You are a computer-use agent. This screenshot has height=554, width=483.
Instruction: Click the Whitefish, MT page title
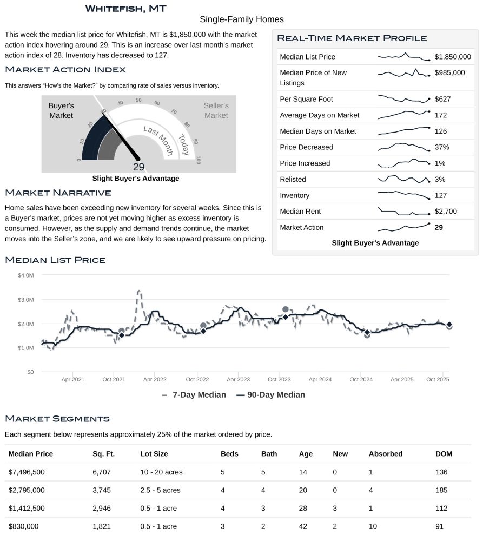pyautogui.click(x=125, y=9)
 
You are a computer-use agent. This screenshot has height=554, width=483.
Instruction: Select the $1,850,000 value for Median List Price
pyautogui.click(x=453, y=57)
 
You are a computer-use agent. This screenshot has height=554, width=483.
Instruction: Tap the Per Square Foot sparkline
pyautogui.click(x=403, y=99)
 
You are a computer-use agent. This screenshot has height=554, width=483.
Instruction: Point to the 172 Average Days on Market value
pyautogui.click(x=441, y=115)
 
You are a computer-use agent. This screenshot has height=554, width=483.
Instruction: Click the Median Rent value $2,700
pyautogui.click(x=447, y=212)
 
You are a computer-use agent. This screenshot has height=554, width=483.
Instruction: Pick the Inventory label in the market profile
pyautogui.click(x=295, y=195)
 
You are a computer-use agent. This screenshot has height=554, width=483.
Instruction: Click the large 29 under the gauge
pyautogui.click(x=138, y=167)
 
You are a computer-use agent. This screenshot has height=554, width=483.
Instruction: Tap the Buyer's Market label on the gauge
pyautogui.click(x=61, y=110)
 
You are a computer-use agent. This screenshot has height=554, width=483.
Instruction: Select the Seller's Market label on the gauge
pyautogui.click(x=216, y=110)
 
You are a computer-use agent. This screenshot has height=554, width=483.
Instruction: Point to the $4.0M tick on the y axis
pyautogui.click(x=26, y=275)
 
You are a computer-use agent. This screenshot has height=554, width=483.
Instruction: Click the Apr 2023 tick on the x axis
pyautogui.click(x=238, y=380)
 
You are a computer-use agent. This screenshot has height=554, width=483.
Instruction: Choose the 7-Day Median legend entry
pyautogui.click(x=194, y=395)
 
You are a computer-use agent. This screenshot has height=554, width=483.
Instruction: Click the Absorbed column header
pyautogui.click(x=385, y=454)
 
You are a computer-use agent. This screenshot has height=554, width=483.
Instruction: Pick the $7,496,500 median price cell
pyautogui.click(x=27, y=472)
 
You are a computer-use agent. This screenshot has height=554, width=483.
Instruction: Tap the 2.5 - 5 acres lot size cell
pyautogui.click(x=161, y=490)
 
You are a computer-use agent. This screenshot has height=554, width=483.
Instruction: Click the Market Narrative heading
pyautogui.click(x=58, y=193)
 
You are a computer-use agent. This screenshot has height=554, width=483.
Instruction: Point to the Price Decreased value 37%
pyautogui.click(x=442, y=147)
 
